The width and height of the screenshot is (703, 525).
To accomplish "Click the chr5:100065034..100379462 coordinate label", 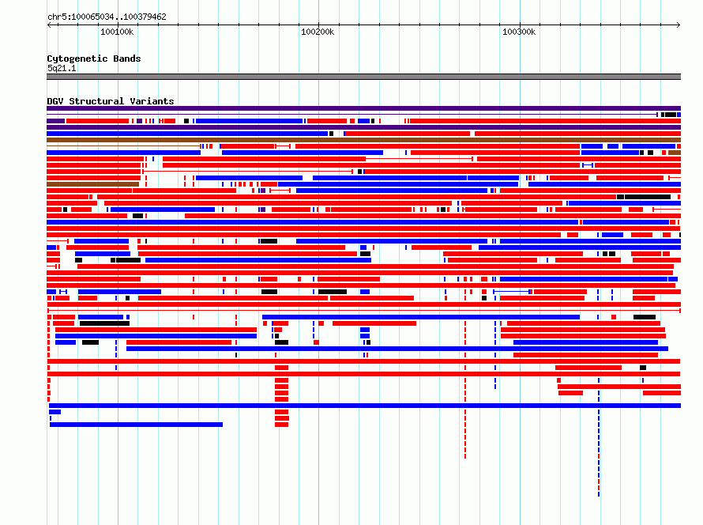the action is pos(107,17).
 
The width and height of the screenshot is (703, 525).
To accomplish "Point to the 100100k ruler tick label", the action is pos(117,32).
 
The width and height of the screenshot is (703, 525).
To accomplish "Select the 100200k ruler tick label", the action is pos(318,32).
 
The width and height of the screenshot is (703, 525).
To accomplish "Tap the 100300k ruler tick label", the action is pos(519,32).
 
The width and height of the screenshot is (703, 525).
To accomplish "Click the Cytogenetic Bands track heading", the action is pos(94,59).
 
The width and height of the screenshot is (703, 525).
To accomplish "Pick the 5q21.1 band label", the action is pos(62,68).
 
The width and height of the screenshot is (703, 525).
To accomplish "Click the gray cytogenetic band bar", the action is pos(363,77).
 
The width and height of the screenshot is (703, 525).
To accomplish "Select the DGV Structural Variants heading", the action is pos(111,101).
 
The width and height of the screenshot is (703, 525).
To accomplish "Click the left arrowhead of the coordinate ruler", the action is pos(48,25).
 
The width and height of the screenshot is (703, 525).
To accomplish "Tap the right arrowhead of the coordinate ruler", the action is pos(679,25).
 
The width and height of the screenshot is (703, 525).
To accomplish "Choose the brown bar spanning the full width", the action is pos(363,140).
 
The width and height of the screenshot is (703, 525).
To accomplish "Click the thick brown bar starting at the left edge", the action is pos(92,184).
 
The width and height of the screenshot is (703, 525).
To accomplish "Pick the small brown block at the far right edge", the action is pos(675,153).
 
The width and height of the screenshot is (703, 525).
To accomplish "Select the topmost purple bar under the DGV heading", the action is pos(363,108).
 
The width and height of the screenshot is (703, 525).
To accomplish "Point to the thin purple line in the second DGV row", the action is pos(352,115).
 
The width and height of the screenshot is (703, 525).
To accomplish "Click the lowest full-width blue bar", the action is pos(365,406).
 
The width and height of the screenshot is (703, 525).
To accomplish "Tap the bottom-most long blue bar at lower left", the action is pos(137,425).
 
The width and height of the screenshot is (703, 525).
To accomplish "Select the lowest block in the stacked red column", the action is pos(281,425).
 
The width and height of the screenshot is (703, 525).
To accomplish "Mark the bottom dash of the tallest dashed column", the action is pos(599,493).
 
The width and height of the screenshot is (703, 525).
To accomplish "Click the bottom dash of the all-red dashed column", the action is pos(465,456).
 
